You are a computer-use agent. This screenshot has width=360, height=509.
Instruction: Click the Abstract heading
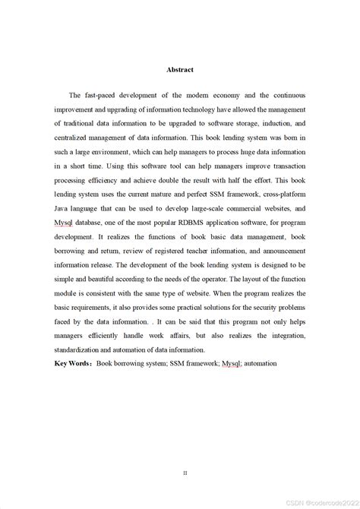pos(180,69)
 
